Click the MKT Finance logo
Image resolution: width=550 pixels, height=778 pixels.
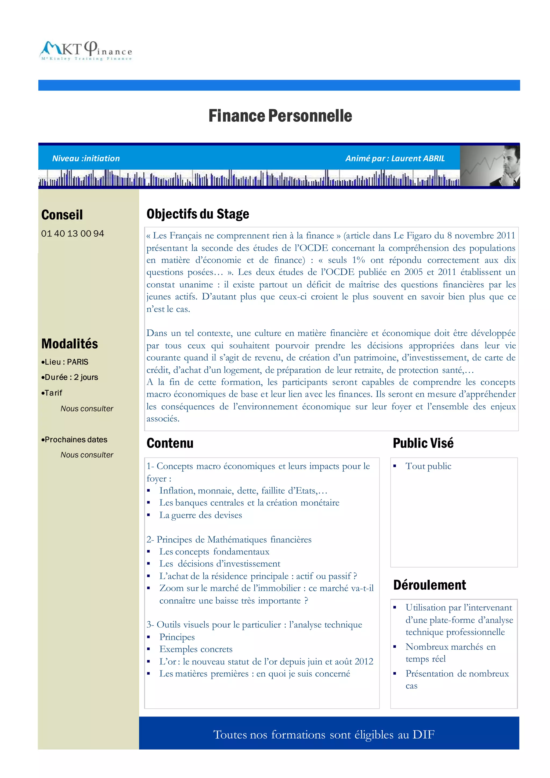(86, 51)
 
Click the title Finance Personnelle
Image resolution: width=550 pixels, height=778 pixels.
(280, 116)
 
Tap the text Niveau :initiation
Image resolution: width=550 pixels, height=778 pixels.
(86, 158)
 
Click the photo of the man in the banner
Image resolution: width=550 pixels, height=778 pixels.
(490, 166)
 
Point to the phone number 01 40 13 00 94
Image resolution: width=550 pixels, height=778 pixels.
(73, 233)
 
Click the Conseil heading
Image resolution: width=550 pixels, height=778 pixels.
(62, 215)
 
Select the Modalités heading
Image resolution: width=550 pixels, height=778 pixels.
(70, 344)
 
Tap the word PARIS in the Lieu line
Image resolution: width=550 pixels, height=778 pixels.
(78, 362)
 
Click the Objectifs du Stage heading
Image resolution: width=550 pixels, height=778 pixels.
(198, 214)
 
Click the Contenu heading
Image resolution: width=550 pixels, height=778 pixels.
(170, 443)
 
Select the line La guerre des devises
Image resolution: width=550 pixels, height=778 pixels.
(201, 515)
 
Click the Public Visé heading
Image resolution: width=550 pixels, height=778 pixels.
(423, 443)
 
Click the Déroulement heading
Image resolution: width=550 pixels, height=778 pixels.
(429, 585)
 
